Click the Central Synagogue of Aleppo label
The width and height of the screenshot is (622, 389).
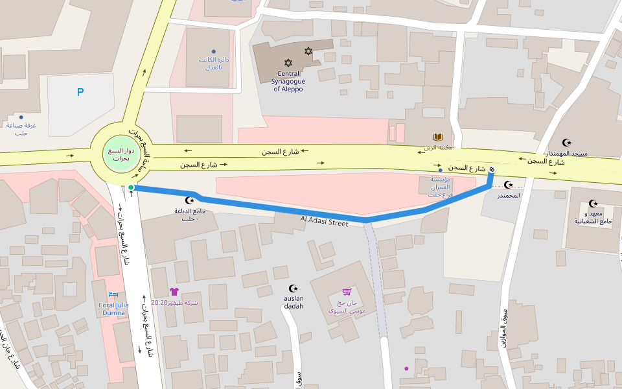point(288,82)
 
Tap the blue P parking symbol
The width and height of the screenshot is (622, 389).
point(80,92)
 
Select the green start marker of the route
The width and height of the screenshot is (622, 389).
point(131,187)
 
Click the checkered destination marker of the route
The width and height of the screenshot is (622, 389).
point(492,171)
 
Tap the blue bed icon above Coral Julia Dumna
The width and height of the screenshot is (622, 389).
point(113,294)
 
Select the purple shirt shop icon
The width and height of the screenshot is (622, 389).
point(174,292)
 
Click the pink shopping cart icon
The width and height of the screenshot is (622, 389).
point(347,292)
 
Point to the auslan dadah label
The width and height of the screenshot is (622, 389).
point(294,302)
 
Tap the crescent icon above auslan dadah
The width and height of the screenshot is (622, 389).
point(294,288)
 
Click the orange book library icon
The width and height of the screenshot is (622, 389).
point(439,137)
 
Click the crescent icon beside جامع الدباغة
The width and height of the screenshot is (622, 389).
point(190,200)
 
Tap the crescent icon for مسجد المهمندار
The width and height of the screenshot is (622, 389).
point(568,143)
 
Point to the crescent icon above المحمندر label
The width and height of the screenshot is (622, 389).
point(509,185)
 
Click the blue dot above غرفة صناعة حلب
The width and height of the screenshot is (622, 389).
point(21,117)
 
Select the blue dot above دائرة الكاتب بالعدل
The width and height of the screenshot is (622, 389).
point(213,51)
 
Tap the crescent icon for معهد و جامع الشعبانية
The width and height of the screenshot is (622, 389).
point(592,204)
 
